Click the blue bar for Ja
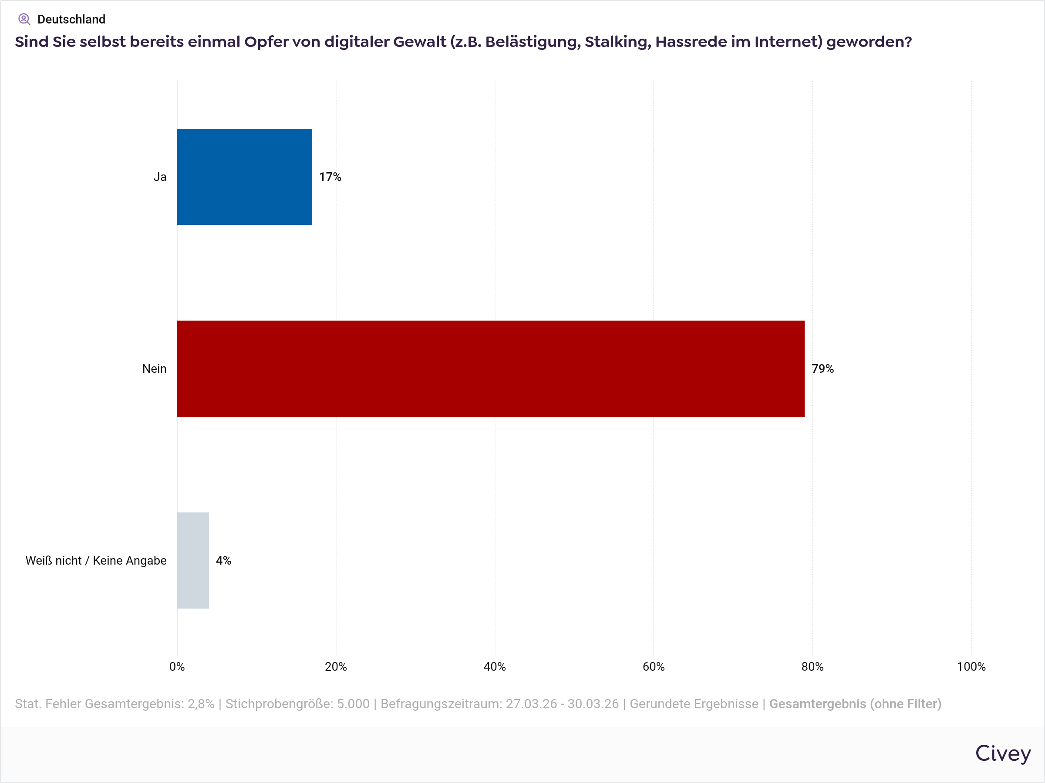244,177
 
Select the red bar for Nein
490,368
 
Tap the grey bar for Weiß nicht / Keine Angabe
193,560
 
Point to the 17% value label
330,177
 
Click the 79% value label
823,368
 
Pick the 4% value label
223,560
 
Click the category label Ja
160,177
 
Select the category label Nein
154,368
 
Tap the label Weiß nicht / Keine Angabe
96,560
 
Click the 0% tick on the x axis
177,666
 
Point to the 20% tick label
336,666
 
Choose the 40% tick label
495,666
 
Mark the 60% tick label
654,666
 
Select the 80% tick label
812,666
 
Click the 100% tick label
971,666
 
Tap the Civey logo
1002,753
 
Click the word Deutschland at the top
71,19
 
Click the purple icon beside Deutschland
24,19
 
